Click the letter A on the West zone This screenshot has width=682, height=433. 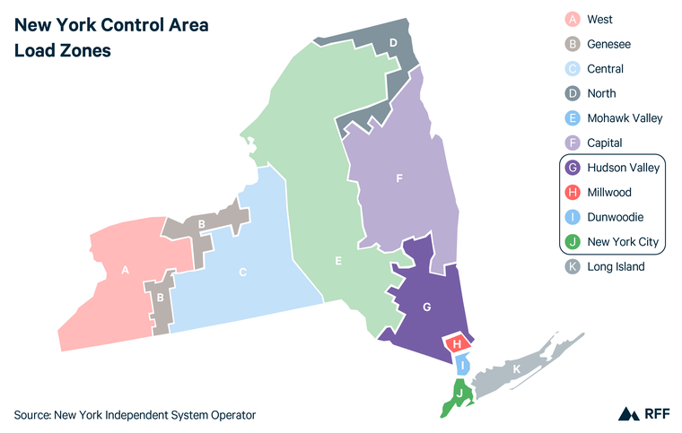point(126,268)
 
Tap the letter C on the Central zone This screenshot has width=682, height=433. point(242,272)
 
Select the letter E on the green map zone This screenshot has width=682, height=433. point(337,261)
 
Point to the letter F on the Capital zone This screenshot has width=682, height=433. point(399,178)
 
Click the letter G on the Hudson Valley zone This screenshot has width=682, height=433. point(427,307)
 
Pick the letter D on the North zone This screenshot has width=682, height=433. point(393,42)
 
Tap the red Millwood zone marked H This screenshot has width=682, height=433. point(457,343)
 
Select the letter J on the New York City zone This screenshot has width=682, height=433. point(459,393)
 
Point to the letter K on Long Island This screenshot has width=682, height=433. point(515,368)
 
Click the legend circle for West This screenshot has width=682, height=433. point(572,20)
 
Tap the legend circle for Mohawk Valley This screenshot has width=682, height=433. point(572,118)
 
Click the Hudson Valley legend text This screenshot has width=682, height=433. point(624,168)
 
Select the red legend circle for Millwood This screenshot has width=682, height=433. point(572,192)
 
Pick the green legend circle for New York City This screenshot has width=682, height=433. point(572,241)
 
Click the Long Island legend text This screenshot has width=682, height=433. point(616,266)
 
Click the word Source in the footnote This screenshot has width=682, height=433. point(31,414)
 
